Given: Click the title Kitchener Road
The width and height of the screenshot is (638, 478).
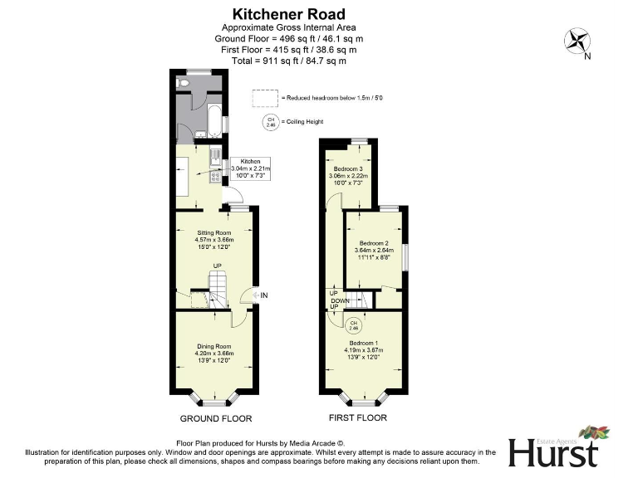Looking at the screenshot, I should coord(287,14).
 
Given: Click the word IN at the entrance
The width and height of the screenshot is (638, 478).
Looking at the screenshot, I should coord(263,295).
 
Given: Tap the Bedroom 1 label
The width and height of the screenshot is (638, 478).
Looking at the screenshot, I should coord(364,349).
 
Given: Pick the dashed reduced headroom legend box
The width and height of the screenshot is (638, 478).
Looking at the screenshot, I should coord(265,98).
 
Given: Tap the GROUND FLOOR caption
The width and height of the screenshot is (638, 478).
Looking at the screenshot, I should coord(216,418).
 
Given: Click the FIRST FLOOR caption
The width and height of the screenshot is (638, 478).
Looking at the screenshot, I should coord(357,417).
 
